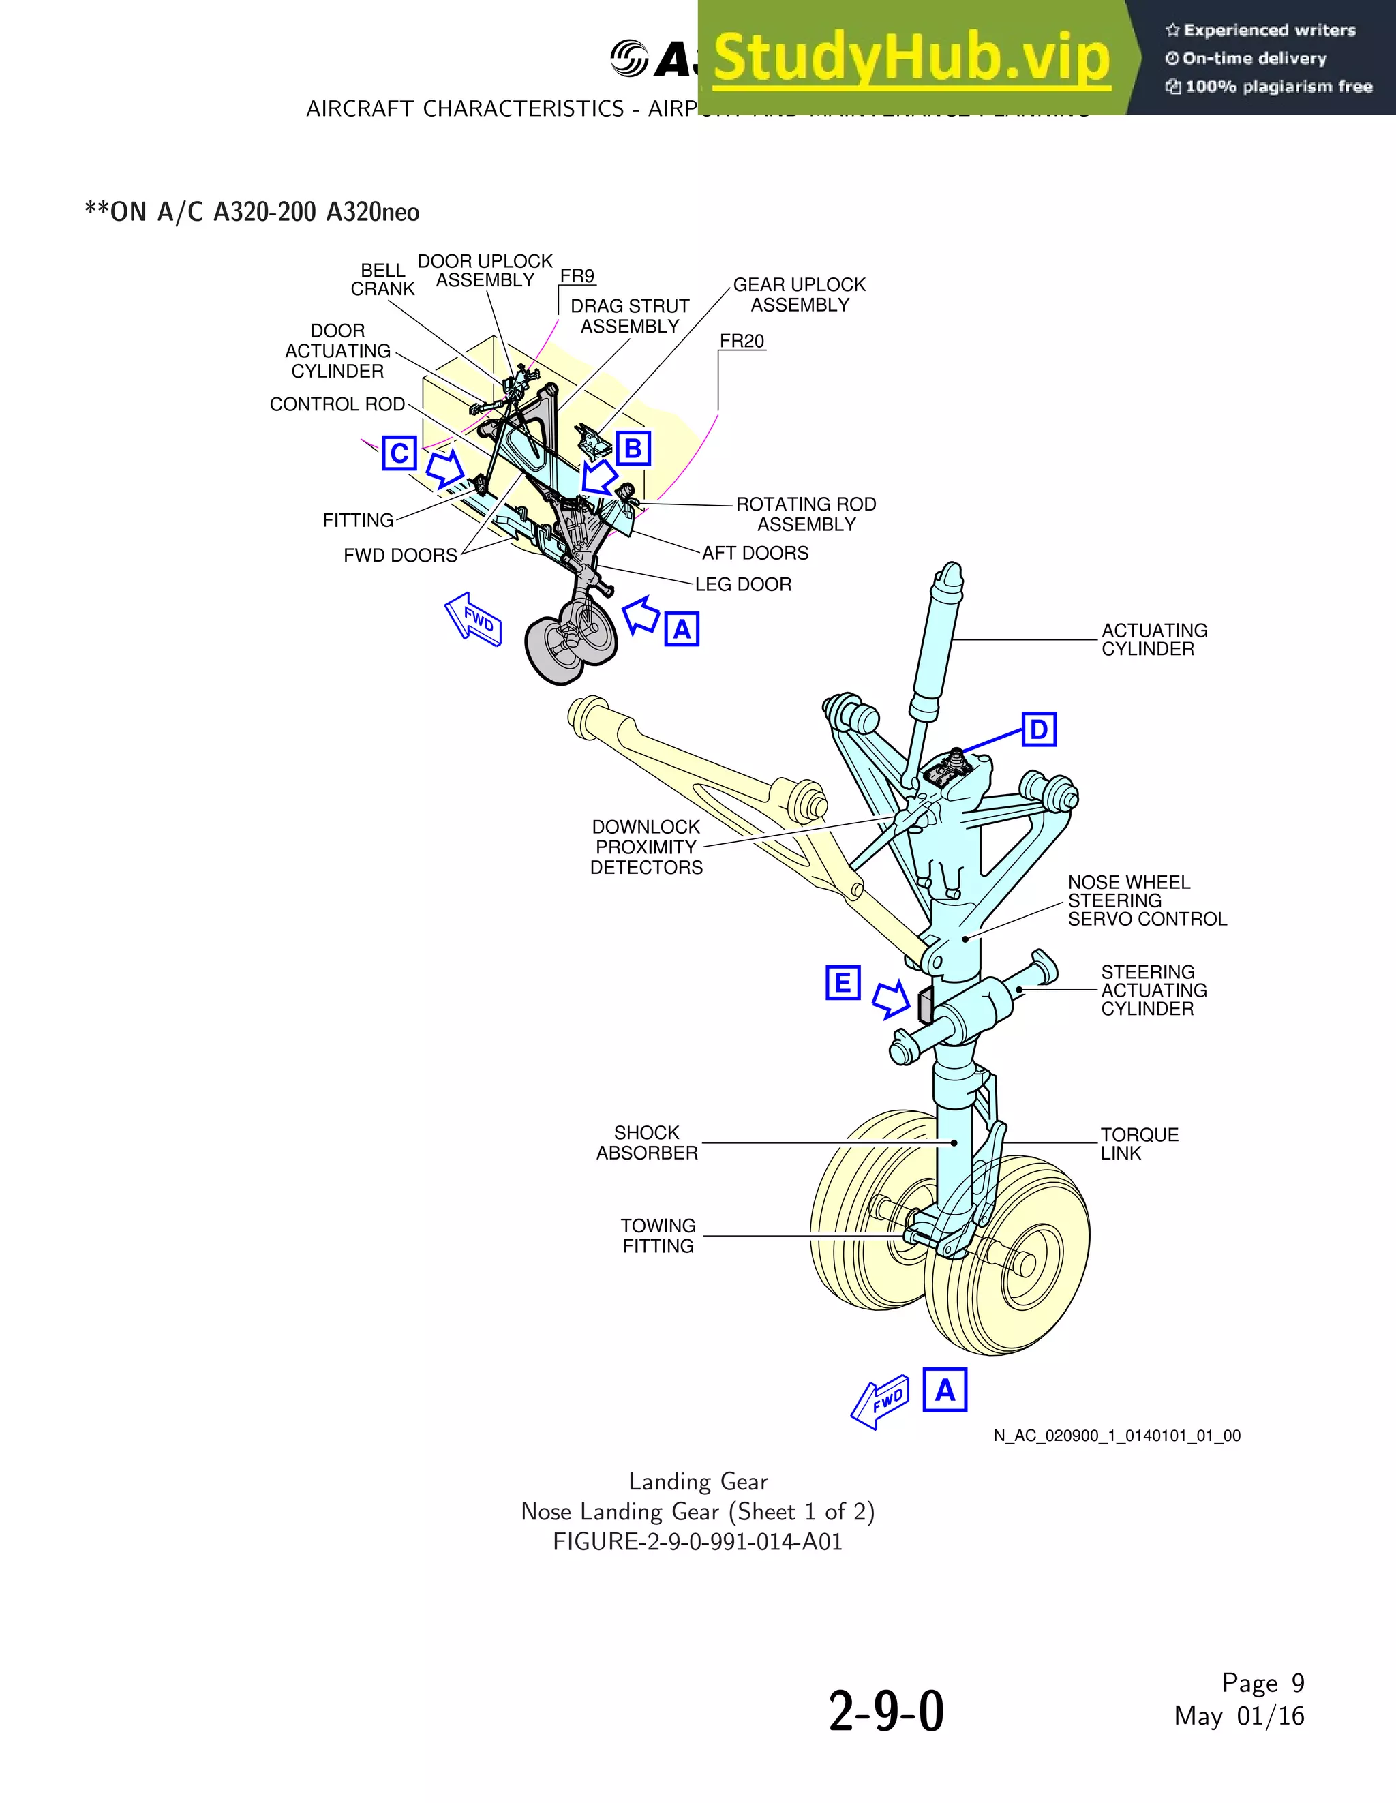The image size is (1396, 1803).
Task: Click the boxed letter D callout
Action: click(x=1039, y=730)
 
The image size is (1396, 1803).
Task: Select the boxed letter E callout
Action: click(x=843, y=983)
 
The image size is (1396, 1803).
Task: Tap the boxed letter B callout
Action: click(x=633, y=449)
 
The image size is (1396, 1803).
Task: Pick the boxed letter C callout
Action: click(x=399, y=453)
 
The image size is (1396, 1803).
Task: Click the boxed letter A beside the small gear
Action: click(x=682, y=629)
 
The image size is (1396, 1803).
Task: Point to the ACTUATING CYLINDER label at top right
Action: click(x=1153, y=640)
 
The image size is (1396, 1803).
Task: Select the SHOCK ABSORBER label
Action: click(x=648, y=1142)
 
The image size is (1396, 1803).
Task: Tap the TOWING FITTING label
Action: click(x=658, y=1236)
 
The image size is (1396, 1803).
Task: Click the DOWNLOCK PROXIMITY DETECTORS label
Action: click(x=646, y=847)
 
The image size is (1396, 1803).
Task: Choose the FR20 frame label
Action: click(x=742, y=341)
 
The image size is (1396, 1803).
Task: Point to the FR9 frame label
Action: click(x=577, y=276)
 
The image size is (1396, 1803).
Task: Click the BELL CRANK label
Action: click(x=382, y=280)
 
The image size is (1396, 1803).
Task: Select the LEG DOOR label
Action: click(x=743, y=584)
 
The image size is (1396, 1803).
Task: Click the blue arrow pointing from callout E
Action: click(x=892, y=1000)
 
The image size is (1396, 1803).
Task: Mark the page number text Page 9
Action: click(x=1262, y=1682)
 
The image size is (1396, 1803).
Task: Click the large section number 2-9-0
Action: click(x=886, y=1712)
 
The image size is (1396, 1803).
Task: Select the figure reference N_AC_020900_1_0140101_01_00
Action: click(x=1116, y=1436)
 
